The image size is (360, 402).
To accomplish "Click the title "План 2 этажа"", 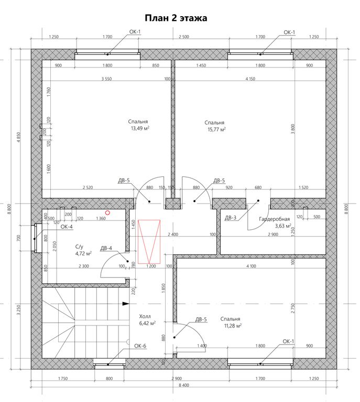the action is pyautogui.click(x=176, y=18).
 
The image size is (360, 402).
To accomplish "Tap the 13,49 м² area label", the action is pyautogui.click(x=140, y=128).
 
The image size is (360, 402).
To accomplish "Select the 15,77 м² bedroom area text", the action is pyautogui.click(x=216, y=129).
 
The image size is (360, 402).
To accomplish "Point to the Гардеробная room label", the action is pyautogui.click(x=274, y=219).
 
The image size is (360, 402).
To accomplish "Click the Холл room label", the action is pyautogui.click(x=145, y=316).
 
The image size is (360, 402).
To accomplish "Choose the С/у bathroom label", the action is pyautogui.click(x=79, y=247).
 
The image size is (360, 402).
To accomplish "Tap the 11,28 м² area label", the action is pyautogui.click(x=232, y=326).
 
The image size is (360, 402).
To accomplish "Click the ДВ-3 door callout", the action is pyautogui.click(x=231, y=218).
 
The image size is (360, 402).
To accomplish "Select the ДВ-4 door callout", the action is pyautogui.click(x=106, y=248).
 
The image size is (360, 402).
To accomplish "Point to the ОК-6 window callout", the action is pyautogui.click(x=140, y=346).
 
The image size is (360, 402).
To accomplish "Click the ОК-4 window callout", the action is pyautogui.click(x=67, y=227).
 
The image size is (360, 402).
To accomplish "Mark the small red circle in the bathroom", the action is pyautogui.click(x=108, y=213).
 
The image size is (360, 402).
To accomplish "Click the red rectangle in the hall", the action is pyautogui.click(x=149, y=241).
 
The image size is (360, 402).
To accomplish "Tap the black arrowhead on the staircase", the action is pyautogui.click(x=125, y=304).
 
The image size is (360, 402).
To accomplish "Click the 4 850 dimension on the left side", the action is pyautogui.click(x=18, y=138).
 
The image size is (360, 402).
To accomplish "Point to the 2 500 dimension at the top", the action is pyautogui.click(x=184, y=37).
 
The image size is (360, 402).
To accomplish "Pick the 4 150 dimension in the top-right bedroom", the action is pyautogui.click(x=250, y=79).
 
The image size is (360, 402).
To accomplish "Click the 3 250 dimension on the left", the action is pyautogui.click(x=18, y=310).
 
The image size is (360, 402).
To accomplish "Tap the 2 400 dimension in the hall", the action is pyautogui.click(x=173, y=234).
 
